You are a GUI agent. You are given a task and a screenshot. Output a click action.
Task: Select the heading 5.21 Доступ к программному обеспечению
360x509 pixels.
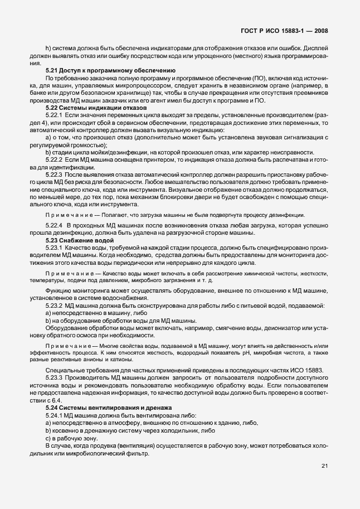point(110,70)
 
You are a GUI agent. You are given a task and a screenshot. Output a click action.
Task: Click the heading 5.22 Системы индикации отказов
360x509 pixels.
point(88,107)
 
